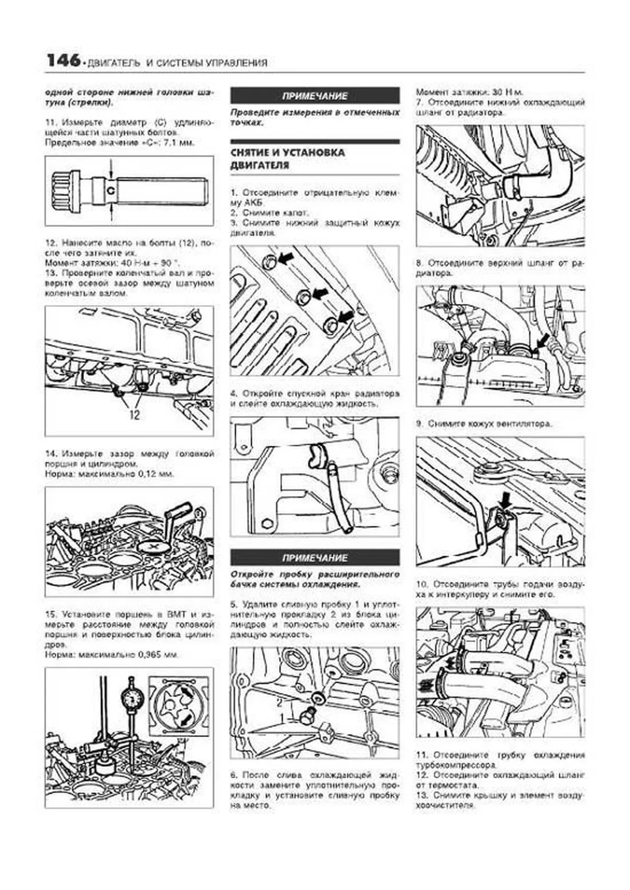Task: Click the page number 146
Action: [63, 61]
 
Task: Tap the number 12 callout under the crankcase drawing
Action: [134, 415]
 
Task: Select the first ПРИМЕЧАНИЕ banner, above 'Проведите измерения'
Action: [315, 96]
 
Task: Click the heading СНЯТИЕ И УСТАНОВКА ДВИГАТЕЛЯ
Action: [288, 159]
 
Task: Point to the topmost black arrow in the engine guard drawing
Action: [286, 258]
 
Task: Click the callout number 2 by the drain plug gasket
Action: [279, 700]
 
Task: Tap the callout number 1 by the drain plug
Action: [282, 716]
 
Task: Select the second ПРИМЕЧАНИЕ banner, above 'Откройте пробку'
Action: [315, 557]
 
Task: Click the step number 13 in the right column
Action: [422, 795]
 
